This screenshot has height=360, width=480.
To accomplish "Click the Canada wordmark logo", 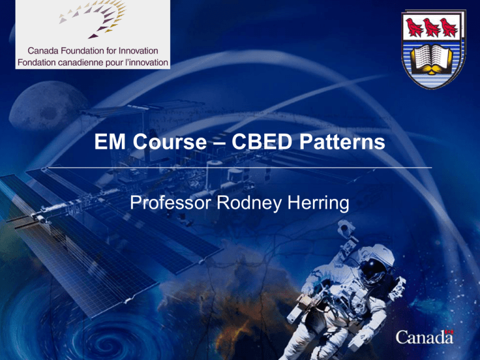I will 424,338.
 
